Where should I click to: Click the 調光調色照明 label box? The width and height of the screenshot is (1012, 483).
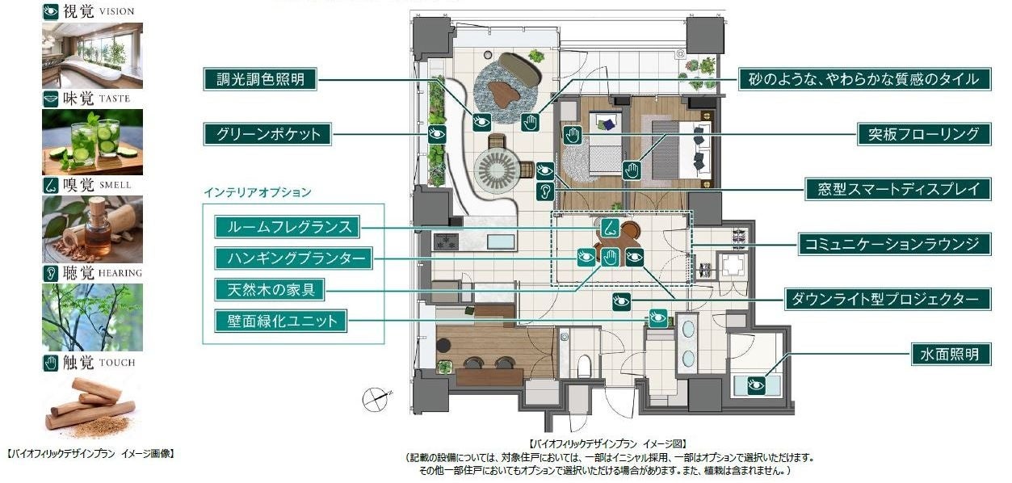260,79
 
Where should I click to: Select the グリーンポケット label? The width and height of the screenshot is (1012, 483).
267,134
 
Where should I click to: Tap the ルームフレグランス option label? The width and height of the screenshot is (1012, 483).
288,227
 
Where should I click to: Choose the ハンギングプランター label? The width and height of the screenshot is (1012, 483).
294,258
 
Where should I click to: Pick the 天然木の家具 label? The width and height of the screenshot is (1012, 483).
270,290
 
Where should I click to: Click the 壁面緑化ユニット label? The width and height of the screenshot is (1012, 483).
281,321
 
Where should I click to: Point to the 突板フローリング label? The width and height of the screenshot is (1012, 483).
924,134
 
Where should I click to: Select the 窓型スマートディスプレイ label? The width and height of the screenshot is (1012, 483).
898,189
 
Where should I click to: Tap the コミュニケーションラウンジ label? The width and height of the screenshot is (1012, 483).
895,245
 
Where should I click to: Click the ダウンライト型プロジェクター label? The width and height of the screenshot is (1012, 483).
888,299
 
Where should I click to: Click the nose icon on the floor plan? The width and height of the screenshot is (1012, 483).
610,228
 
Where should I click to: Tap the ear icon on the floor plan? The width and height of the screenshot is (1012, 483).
545,191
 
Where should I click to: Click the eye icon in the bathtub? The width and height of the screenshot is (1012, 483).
756,385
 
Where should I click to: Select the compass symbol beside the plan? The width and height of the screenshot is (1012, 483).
376,400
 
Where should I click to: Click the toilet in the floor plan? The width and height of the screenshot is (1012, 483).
585,366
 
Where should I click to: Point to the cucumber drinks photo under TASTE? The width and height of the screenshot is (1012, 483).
93,142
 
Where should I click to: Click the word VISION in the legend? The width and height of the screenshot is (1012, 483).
116,12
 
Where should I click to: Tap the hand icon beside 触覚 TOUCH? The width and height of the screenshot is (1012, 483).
51,363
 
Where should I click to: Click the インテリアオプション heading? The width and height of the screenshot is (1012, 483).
258,192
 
